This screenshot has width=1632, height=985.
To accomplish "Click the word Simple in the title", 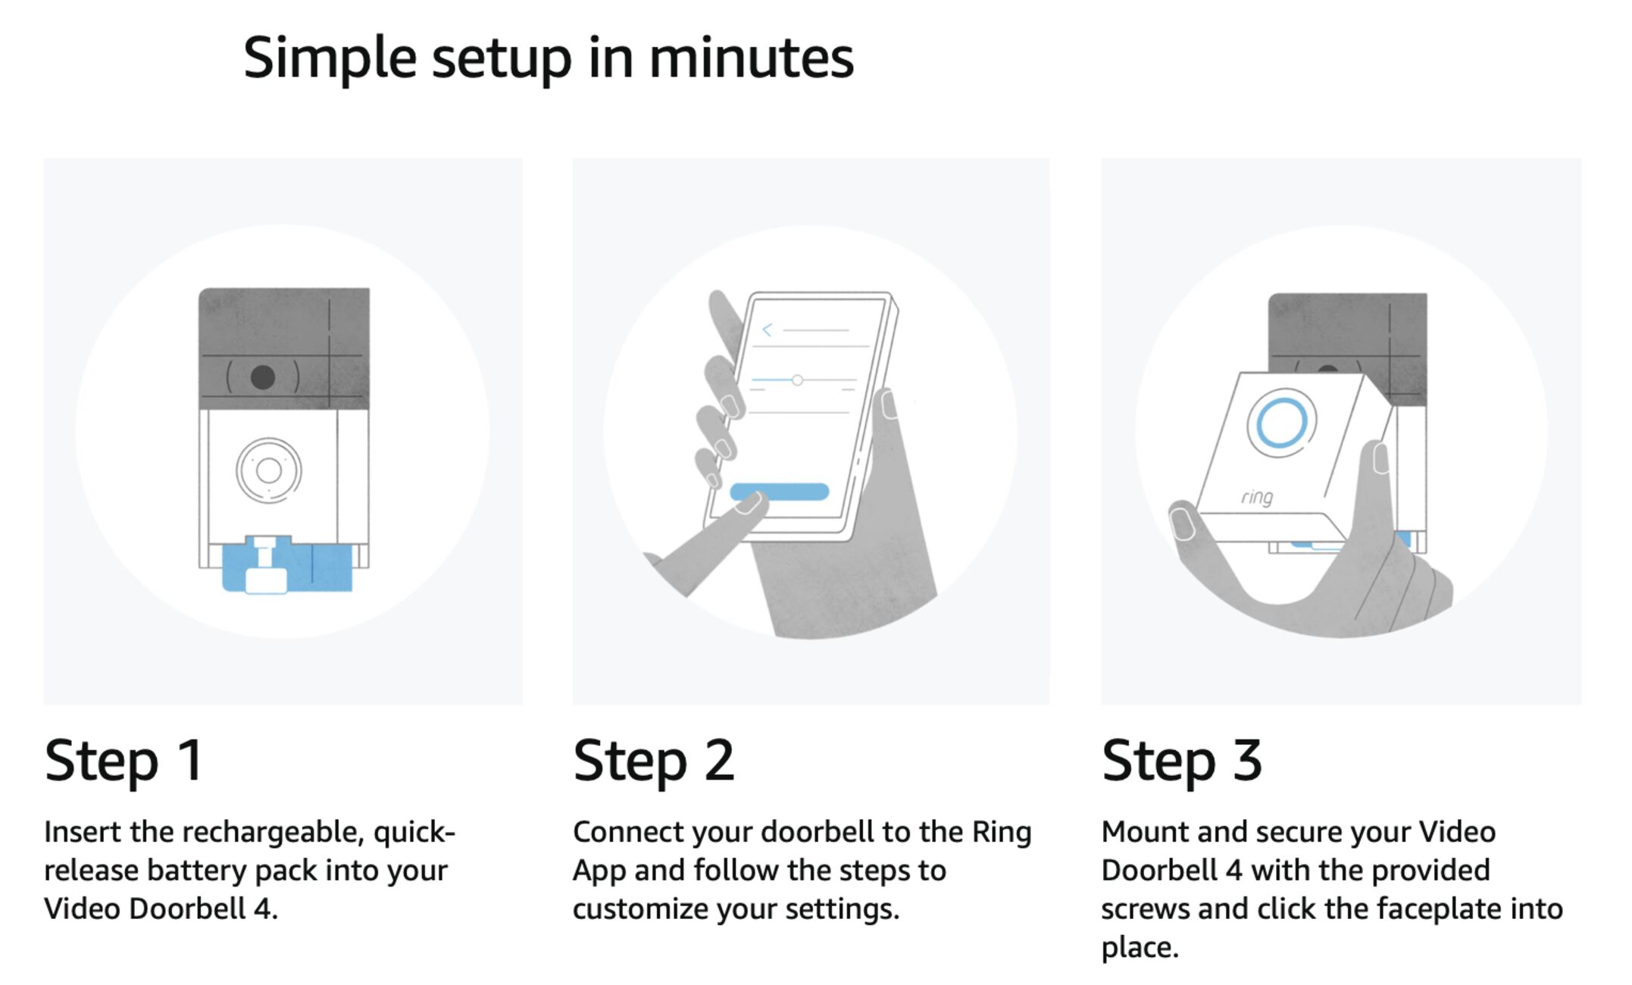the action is [x=330, y=59].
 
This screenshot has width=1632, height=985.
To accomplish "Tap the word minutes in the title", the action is [x=752, y=58].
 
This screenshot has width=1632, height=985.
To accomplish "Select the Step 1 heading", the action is [x=123, y=761].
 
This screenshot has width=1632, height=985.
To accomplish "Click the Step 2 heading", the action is [x=653, y=761].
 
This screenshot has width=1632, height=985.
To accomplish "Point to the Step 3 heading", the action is [x=1182, y=761].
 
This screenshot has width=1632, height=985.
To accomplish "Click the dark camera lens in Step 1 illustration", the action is [x=263, y=377].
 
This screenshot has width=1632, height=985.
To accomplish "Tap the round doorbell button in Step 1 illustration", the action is [x=269, y=471].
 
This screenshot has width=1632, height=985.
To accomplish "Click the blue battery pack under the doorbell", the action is [x=287, y=564].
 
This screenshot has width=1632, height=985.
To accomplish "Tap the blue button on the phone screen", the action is [x=779, y=492].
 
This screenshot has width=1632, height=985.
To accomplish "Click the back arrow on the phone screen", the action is [x=767, y=330].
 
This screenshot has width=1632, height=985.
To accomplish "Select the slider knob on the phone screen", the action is [x=797, y=380].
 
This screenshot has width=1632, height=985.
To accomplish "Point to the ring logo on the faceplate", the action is [x=1257, y=497].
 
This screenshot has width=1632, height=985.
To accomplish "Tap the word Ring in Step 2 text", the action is [x=1002, y=833].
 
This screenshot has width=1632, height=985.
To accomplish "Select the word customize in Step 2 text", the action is [x=640, y=908].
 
